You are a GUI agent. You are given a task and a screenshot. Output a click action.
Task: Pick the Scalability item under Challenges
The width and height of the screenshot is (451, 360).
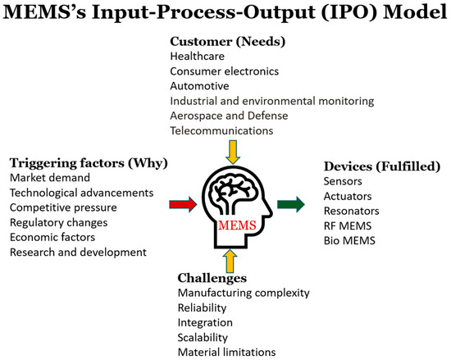(x=208, y=337)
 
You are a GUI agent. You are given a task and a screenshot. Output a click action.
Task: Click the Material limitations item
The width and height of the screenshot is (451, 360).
(x=226, y=353)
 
